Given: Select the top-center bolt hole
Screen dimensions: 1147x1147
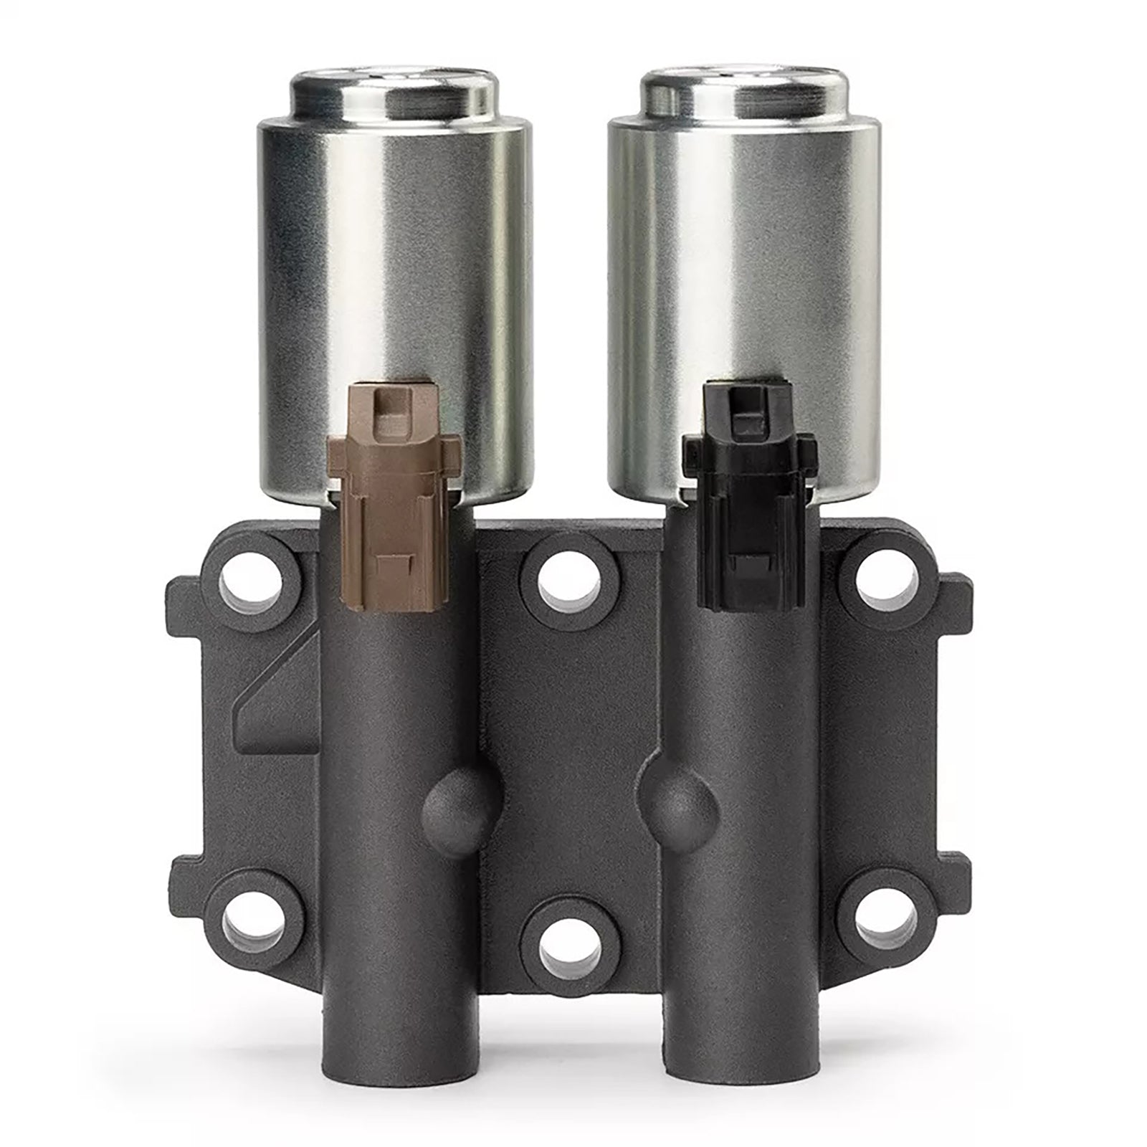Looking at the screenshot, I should coord(570,580).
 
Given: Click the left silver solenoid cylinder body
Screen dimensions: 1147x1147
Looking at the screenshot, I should coord(394,287).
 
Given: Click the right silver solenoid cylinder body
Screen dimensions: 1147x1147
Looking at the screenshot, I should coord(746,287).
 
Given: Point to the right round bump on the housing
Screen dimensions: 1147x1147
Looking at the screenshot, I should coord(681,803).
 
